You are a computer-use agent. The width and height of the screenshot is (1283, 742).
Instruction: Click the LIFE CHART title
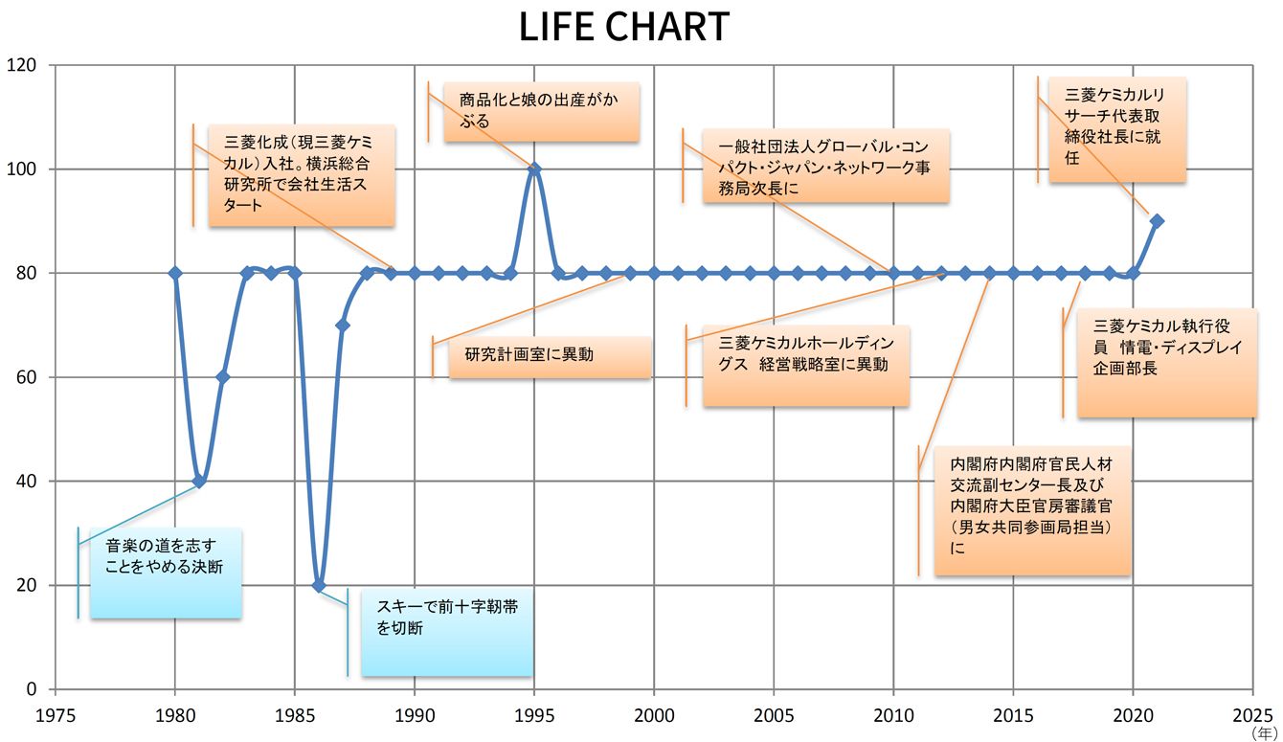[624, 27]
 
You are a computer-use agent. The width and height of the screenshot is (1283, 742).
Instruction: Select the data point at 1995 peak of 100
[534, 169]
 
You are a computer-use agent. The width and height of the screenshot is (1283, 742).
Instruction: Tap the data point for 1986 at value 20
[319, 585]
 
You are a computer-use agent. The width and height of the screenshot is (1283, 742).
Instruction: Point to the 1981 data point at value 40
[199, 481]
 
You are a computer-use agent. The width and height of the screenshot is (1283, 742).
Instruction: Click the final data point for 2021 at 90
[1157, 221]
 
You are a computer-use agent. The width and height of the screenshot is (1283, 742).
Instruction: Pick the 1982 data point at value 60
[223, 377]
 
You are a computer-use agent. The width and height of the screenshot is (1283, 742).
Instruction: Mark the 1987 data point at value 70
[343, 326]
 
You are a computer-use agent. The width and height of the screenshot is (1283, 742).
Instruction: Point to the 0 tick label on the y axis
[32, 689]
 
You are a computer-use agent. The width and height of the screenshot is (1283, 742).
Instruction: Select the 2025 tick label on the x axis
[1252, 714]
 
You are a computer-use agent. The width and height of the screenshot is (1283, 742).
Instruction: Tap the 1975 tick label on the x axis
[56, 714]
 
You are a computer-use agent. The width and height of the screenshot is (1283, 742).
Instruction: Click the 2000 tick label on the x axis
[654, 714]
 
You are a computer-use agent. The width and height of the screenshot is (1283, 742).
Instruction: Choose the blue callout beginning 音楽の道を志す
[165, 573]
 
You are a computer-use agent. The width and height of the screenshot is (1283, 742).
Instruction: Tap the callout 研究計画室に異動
[550, 355]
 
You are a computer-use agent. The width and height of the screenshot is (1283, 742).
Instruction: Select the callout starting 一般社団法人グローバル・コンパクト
[825, 166]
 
